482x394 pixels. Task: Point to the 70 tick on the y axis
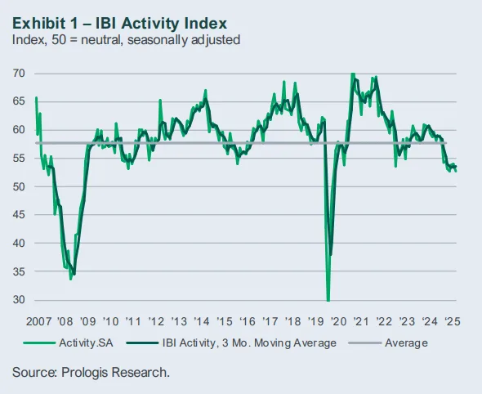[x=18, y=74]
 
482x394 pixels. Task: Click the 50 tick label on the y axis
[x=18, y=187]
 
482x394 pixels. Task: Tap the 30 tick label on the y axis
[x=18, y=300]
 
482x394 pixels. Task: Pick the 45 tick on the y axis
[x=18, y=215]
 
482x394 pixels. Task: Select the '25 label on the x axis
[x=450, y=320]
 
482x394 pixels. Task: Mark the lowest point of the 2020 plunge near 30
[x=328, y=300]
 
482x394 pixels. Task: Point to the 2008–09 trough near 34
[x=71, y=278]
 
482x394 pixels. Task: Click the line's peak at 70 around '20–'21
[x=352, y=74]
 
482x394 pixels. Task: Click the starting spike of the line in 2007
[x=36, y=97]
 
